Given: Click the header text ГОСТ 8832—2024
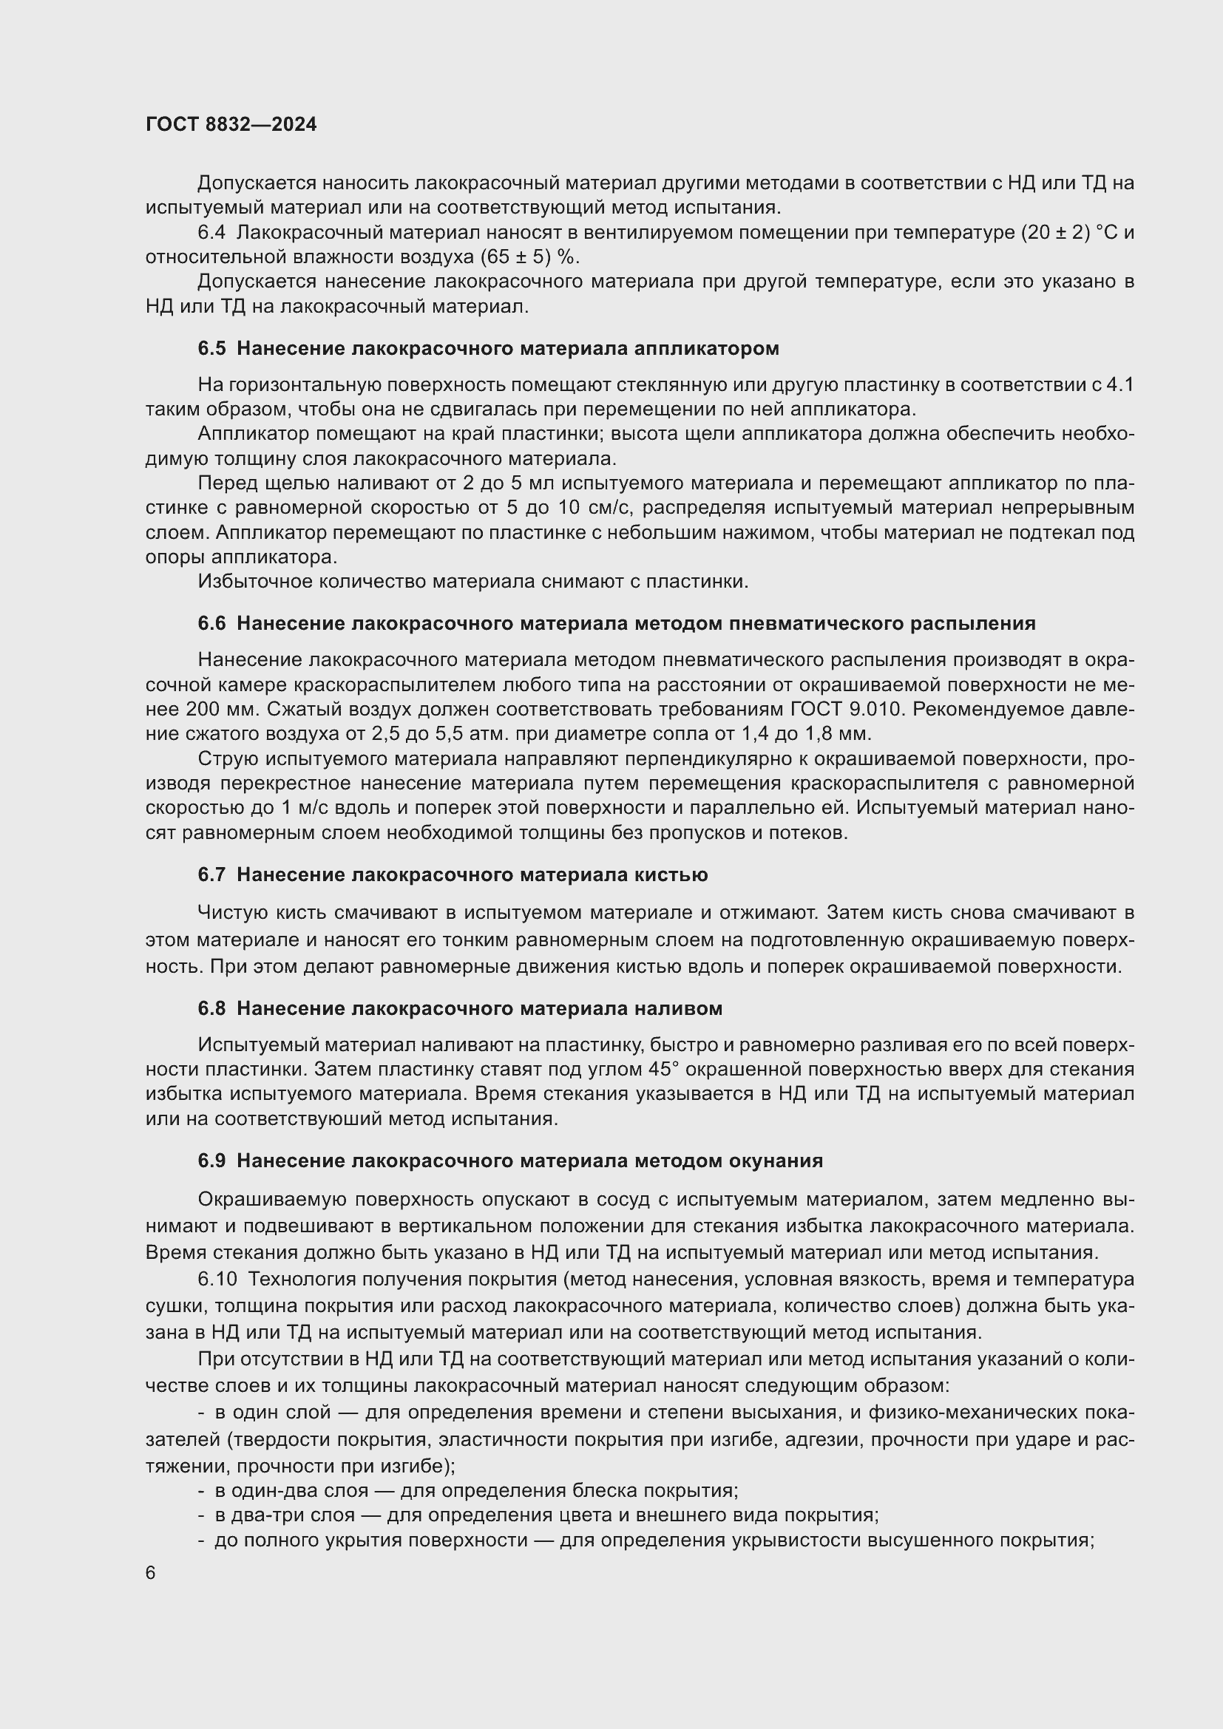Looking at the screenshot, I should (x=231, y=125).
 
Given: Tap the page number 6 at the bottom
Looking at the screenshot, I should (x=151, y=1573).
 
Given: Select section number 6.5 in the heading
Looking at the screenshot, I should (x=211, y=349).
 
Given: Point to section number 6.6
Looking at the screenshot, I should (x=211, y=624).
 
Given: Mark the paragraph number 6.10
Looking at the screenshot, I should (x=217, y=1280).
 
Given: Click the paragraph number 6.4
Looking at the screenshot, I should (x=211, y=233).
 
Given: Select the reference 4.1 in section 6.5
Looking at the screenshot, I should (x=1119, y=386).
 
